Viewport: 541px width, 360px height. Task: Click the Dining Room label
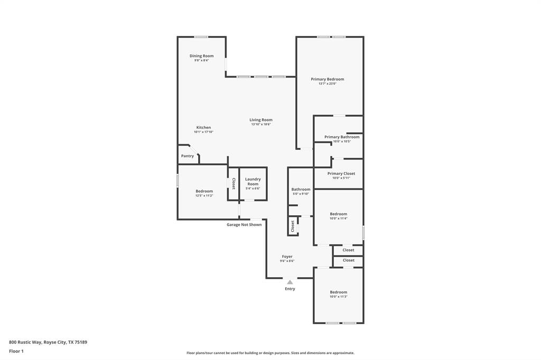[x=201, y=56]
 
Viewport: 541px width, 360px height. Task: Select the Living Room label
[x=261, y=120]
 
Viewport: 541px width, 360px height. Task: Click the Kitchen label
[x=203, y=127]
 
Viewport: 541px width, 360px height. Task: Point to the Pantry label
[x=188, y=156]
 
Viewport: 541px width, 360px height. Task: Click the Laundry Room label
[x=253, y=182]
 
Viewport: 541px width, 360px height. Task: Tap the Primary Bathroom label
[x=342, y=137]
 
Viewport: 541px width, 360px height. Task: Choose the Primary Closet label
[x=341, y=173]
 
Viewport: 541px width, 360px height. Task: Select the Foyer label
[x=287, y=257]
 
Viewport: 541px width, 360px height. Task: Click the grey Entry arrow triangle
[x=290, y=282]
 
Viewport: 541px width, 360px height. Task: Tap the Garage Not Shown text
[x=244, y=224]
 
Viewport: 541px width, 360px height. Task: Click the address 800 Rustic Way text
[x=48, y=342]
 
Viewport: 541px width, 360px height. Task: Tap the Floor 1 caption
[x=16, y=351]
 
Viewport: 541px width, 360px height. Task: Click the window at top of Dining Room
[x=201, y=37]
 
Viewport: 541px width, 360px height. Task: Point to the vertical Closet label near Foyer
[x=292, y=226]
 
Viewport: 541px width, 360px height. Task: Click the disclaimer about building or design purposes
[x=270, y=353]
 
